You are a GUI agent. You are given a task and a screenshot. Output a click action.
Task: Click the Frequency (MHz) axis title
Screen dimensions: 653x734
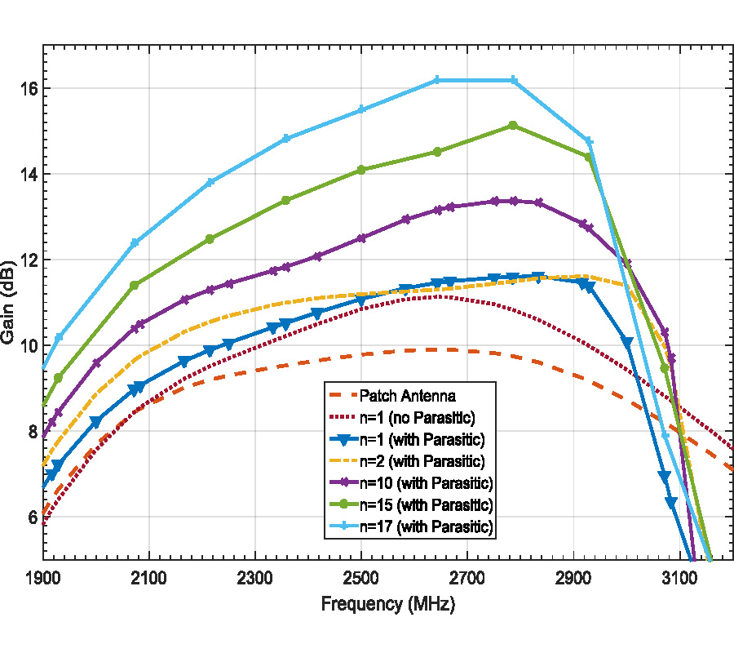coord(387,606)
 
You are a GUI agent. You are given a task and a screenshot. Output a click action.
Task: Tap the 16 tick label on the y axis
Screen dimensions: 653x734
coord(27,88)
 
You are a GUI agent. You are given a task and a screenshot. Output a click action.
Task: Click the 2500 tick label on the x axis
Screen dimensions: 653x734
coord(361,579)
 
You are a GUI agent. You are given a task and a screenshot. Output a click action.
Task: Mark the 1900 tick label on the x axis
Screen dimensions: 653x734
coord(43,579)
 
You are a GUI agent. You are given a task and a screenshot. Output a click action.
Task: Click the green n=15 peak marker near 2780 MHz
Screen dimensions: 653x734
coord(513,126)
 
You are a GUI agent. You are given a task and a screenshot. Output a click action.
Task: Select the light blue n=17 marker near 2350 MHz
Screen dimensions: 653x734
coord(285,139)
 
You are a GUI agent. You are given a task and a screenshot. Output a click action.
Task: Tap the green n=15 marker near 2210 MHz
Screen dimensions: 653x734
coord(210,239)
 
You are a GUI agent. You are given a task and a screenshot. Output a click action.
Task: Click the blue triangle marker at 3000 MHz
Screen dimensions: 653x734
coord(627,343)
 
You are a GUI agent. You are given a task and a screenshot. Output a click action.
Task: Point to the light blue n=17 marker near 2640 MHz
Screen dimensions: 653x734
coord(437,80)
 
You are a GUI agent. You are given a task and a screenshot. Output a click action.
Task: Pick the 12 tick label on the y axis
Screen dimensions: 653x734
coord(27,260)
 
